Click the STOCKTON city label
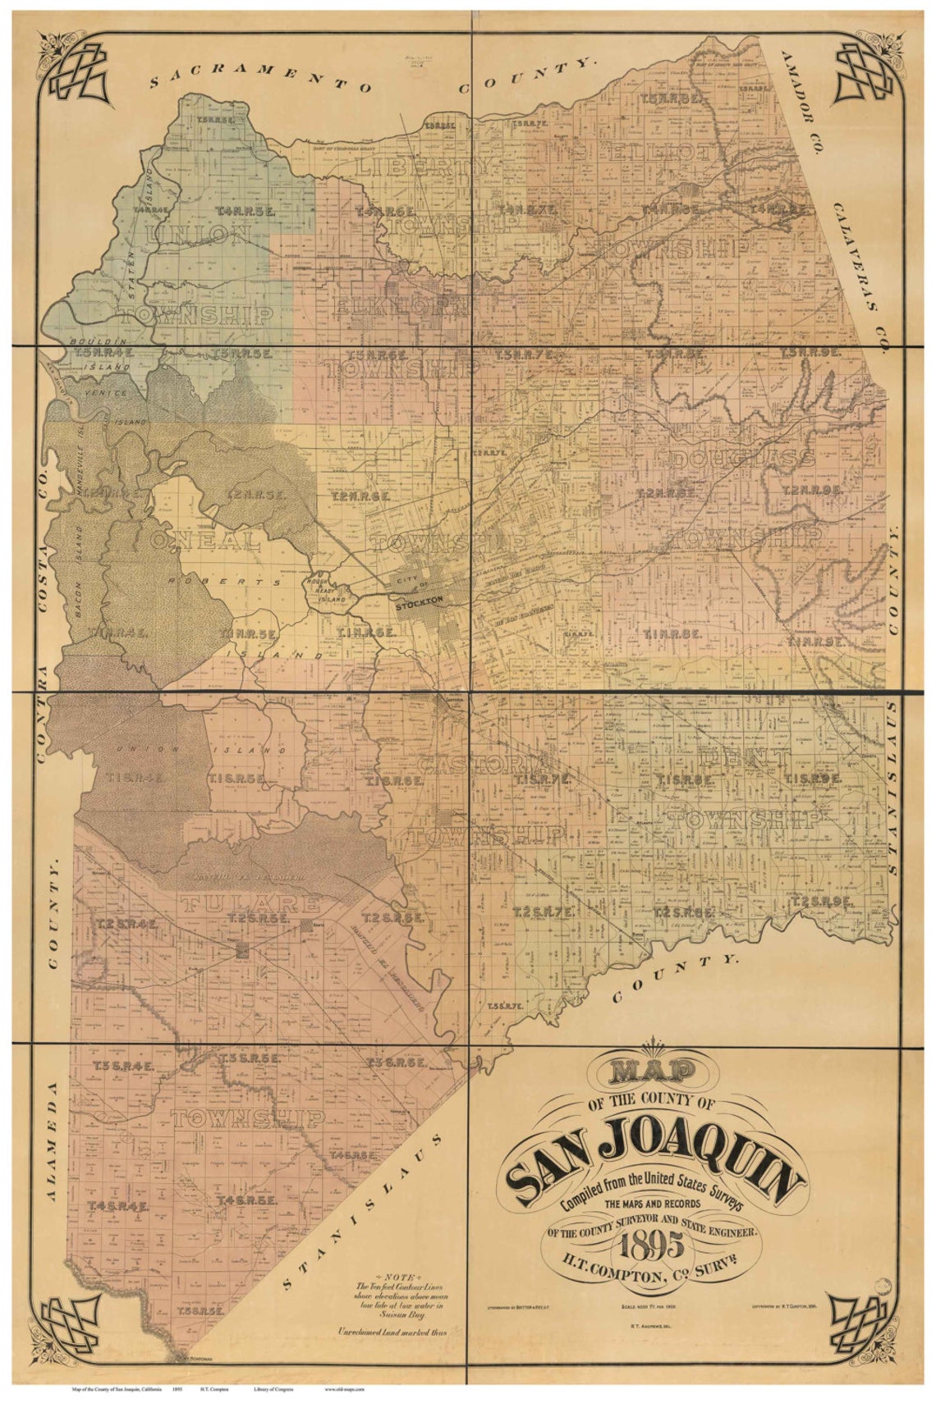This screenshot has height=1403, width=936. (x=419, y=601)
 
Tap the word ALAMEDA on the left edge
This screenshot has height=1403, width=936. (x=51, y=1140)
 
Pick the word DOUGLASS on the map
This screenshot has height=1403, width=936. (x=743, y=459)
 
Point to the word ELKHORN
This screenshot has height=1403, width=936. (x=402, y=307)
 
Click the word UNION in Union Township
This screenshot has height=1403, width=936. (x=197, y=236)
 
